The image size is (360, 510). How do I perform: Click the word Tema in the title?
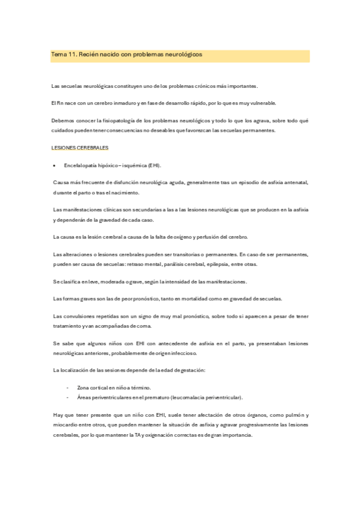click(x=59, y=54)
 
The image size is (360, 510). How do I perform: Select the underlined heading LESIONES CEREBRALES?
click(x=81, y=148)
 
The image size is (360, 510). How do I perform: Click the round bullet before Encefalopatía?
click(x=55, y=165)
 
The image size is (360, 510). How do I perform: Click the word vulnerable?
click(x=263, y=103)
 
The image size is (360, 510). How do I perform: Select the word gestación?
click(x=191, y=370)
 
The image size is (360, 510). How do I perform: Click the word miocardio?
click(x=65, y=425)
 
